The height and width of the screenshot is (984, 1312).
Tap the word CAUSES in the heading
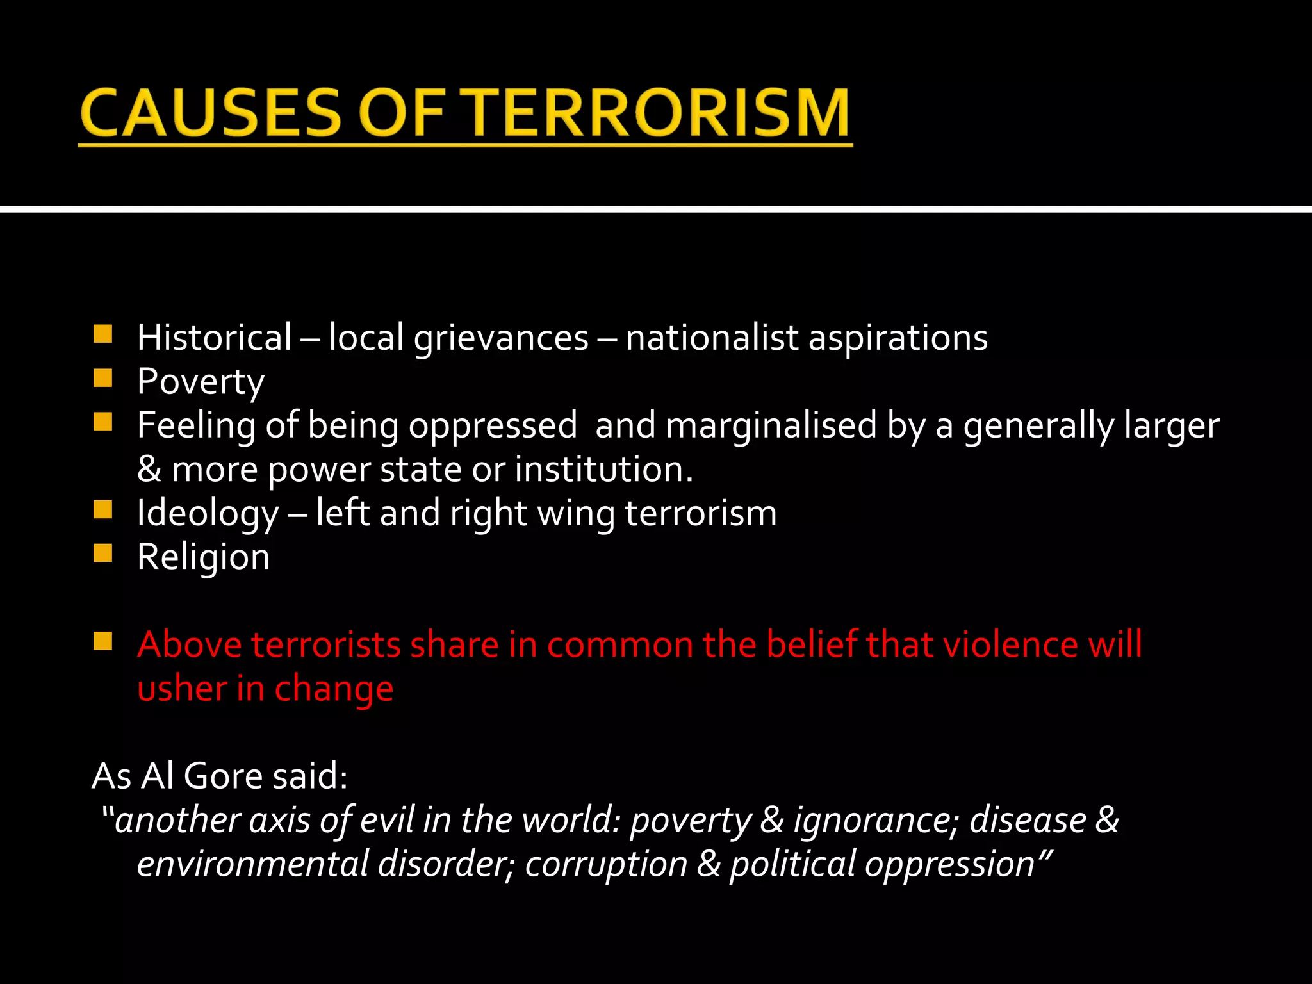[211, 113]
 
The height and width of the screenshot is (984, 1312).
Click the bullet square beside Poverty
[102, 378]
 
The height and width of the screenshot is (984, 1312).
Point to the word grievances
[500, 338]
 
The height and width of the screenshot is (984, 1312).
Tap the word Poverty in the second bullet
[201, 382]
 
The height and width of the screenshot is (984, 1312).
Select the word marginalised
[771, 425]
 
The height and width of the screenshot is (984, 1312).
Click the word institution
[603, 469]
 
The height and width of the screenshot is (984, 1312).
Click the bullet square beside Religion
[102, 553]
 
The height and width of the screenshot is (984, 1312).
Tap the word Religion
[203, 557]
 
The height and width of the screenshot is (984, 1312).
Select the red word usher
[182, 689]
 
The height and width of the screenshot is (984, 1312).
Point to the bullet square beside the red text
[102, 641]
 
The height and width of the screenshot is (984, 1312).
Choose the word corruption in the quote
[606, 864]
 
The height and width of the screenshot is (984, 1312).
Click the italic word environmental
[252, 864]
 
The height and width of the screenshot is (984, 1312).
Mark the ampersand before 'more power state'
[149, 470]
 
